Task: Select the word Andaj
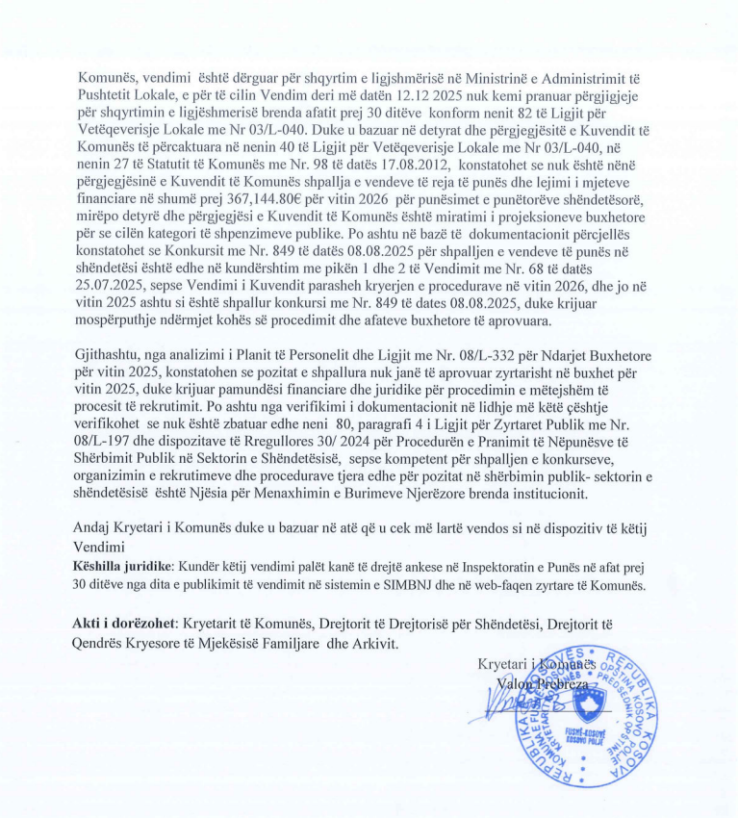(91, 528)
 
